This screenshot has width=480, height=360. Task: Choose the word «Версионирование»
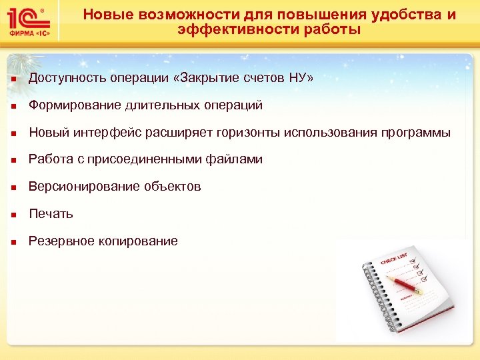click(x=84, y=187)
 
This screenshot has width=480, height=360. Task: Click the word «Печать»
click(x=51, y=214)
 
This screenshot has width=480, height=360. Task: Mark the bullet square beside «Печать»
click(x=13, y=215)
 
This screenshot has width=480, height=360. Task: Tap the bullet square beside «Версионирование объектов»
click(x=13, y=187)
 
